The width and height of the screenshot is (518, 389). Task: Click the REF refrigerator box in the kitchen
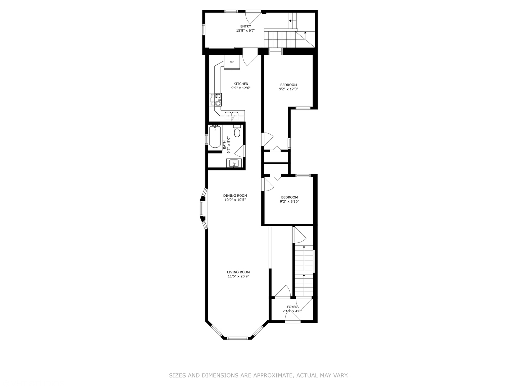232,62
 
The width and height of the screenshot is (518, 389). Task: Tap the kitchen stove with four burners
216,100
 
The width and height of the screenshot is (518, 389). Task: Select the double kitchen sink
232,116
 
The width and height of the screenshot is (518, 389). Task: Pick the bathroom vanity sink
234,164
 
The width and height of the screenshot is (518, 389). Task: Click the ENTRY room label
246,26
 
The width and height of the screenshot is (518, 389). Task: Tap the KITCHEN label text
241,84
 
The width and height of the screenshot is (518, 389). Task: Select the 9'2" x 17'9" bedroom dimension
288,89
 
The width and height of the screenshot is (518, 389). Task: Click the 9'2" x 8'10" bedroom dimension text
290,202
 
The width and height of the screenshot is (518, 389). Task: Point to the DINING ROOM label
235,196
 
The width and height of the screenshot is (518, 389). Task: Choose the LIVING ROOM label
238,272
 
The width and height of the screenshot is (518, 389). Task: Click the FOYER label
292,307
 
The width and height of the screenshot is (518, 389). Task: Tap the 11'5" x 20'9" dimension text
238,277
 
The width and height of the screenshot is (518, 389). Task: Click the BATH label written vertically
224,145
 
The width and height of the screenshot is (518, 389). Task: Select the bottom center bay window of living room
238,338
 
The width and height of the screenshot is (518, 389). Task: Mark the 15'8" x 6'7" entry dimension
246,31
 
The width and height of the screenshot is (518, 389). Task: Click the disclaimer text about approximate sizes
259,375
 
